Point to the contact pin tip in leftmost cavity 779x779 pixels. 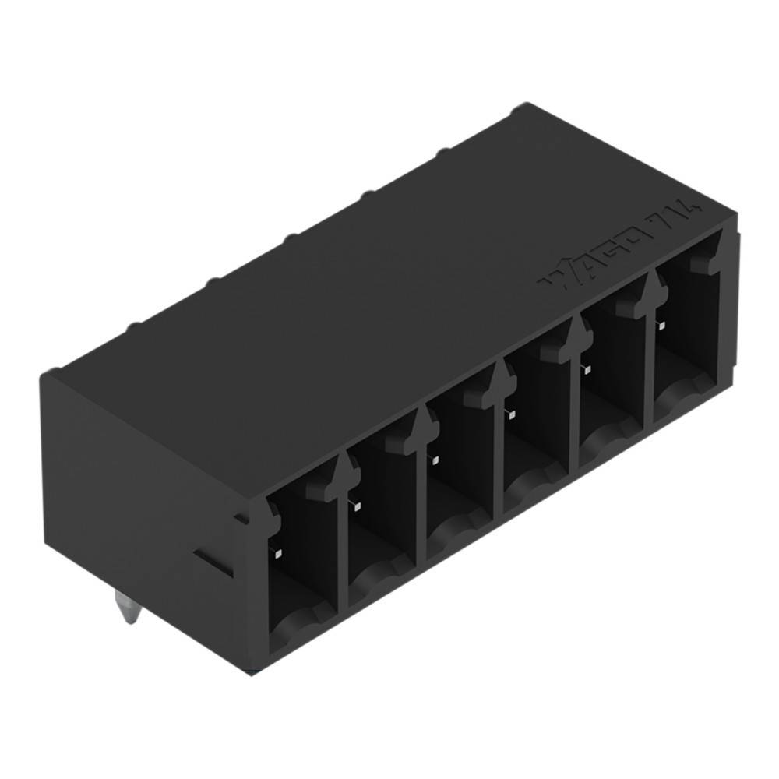click(x=278, y=553)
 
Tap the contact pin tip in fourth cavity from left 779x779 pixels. click(x=510, y=412)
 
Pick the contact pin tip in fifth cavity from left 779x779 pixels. click(x=586, y=368)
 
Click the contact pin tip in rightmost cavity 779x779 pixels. click(x=661, y=325)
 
